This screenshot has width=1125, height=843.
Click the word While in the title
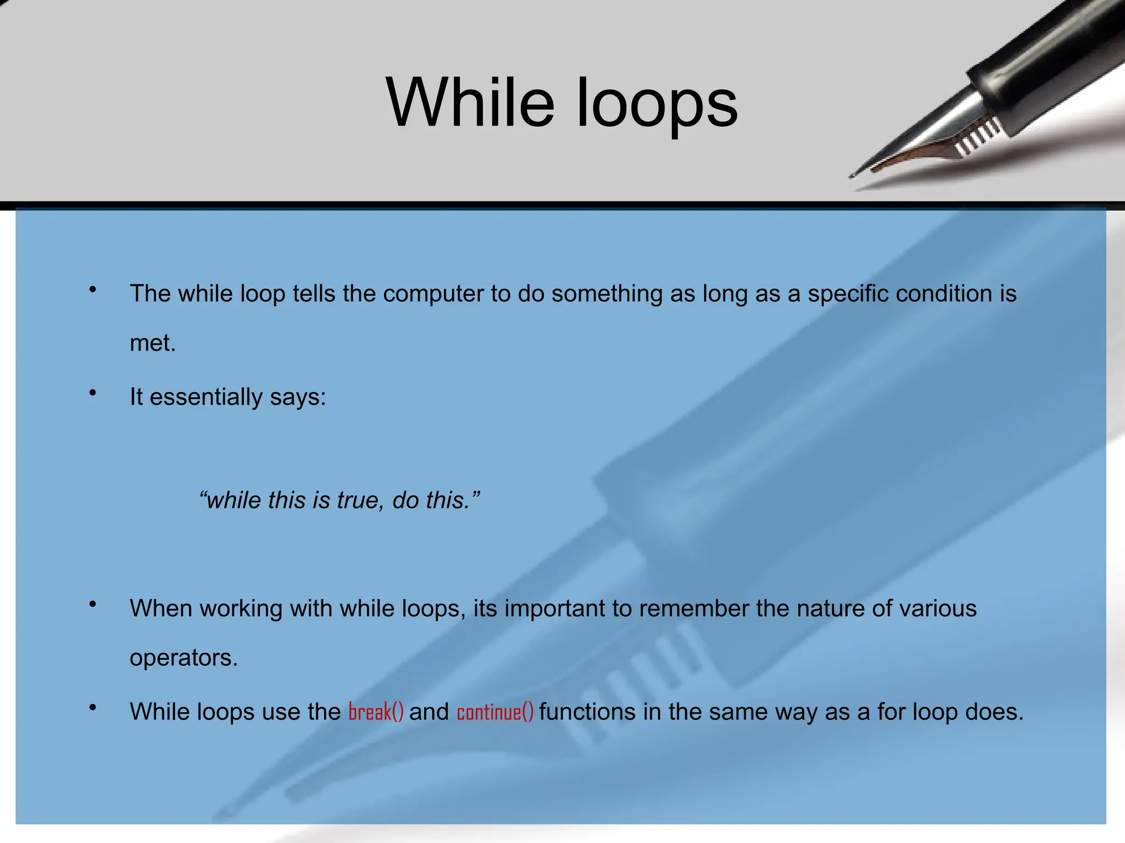tap(470, 103)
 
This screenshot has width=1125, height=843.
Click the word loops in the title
tap(657, 104)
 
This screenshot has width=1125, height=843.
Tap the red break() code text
tap(376, 712)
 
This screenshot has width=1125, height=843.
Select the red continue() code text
tap(495, 712)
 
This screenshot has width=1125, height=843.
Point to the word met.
tap(152, 344)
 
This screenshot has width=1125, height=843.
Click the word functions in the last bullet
tap(587, 712)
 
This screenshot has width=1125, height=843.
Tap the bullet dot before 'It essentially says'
tap(93, 392)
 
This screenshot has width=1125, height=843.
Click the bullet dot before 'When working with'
tap(93, 604)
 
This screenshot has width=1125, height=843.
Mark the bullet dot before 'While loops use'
tap(93, 707)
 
